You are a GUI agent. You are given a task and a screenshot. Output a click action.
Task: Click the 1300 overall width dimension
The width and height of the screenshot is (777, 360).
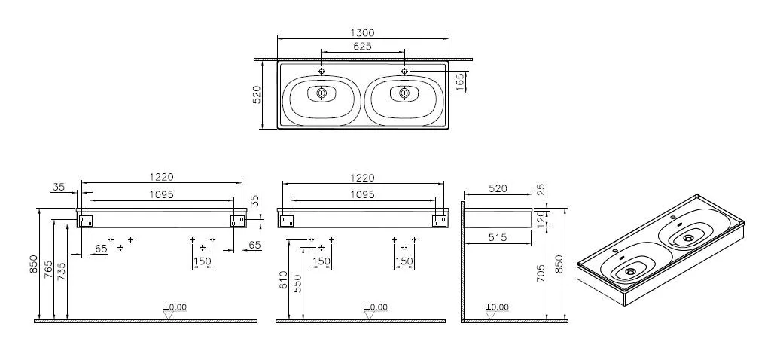(364, 32)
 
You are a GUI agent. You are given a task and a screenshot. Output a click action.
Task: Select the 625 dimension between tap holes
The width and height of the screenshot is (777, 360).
(364, 46)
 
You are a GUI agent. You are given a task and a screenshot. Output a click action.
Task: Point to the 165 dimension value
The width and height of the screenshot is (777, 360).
(461, 82)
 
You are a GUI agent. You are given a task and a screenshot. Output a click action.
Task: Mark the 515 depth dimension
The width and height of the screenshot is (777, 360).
(499, 237)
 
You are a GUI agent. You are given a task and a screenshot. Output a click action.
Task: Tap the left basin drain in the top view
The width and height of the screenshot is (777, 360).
(323, 93)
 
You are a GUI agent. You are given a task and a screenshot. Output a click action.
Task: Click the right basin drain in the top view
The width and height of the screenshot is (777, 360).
(404, 93)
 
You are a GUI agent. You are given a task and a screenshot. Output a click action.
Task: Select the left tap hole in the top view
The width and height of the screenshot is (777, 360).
(323, 72)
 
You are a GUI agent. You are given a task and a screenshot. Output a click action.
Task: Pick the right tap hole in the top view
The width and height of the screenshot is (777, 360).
(404, 72)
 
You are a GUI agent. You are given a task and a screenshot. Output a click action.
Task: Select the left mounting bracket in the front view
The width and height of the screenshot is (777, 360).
(85, 221)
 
